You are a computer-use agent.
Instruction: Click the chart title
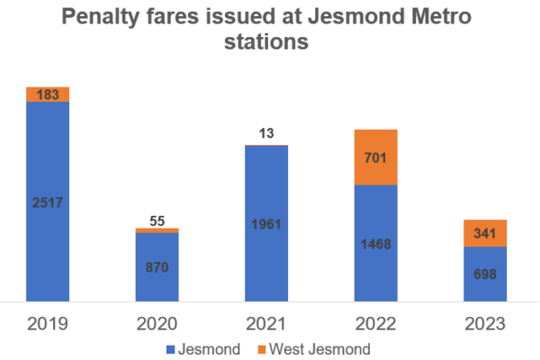[x=270, y=29]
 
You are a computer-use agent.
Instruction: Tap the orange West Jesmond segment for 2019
[x=48, y=94]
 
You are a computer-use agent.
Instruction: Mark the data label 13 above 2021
[x=266, y=134]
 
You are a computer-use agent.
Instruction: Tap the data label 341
[x=485, y=233]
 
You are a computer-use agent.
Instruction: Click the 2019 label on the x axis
[x=48, y=323]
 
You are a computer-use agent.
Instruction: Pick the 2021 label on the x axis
[x=266, y=323]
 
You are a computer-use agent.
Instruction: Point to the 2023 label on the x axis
[x=485, y=323]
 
